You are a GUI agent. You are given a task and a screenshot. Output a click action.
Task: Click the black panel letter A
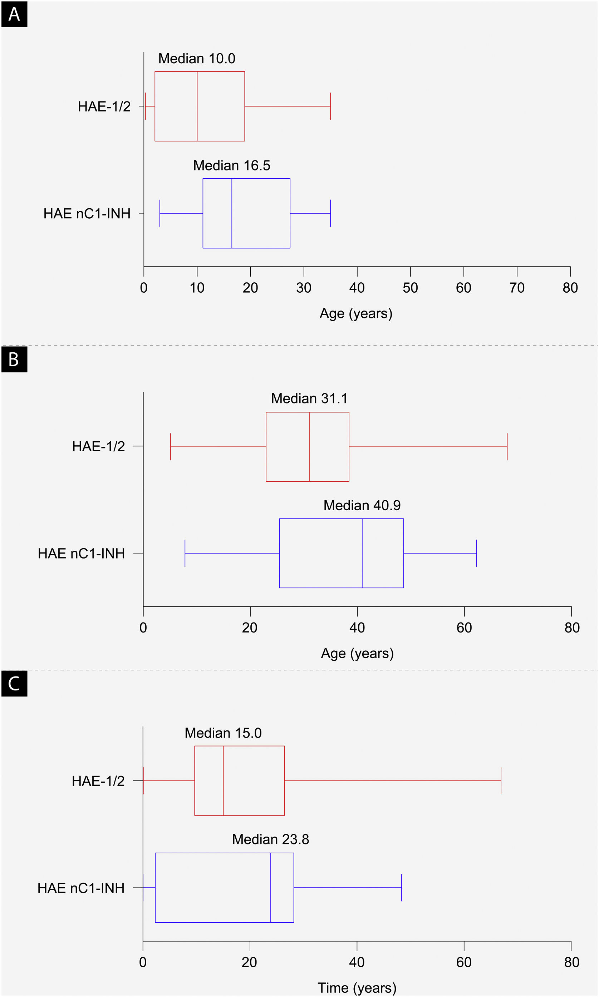click(x=14, y=14)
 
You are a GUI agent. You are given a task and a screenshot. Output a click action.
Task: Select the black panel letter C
click(x=14, y=683)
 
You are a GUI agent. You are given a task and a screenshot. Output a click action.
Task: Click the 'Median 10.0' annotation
click(x=197, y=59)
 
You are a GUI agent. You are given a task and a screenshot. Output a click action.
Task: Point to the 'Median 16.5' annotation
click(x=231, y=166)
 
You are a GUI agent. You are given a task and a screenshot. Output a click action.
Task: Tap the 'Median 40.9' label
click(x=362, y=505)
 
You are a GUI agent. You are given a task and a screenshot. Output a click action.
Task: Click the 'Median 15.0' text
click(x=223, y=733)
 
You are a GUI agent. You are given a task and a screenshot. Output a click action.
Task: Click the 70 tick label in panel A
click(x=517, y=288)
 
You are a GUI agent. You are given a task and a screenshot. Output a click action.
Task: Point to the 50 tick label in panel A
click(x=410, y=288)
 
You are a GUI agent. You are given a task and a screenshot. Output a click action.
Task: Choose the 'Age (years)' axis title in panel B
click(x=357, y=653)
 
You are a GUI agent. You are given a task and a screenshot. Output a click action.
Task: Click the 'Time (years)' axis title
click(x=357, y=988)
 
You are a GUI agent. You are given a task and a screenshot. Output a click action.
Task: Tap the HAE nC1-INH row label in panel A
click(x=87, y=213)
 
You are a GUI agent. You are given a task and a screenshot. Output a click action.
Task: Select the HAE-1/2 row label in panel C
click(x=98, y=781)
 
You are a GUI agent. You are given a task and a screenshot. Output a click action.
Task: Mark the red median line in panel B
click(x=310, y=446)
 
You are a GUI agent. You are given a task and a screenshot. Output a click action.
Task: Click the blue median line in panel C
click(x=271, y=887)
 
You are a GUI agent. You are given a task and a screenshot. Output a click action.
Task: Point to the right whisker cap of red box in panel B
click(x=507, y=446)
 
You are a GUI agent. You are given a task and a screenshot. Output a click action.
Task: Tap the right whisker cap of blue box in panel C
click(x=402, y=887)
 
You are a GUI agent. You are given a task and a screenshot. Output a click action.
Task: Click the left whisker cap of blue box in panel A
click(x=160, y=213)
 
